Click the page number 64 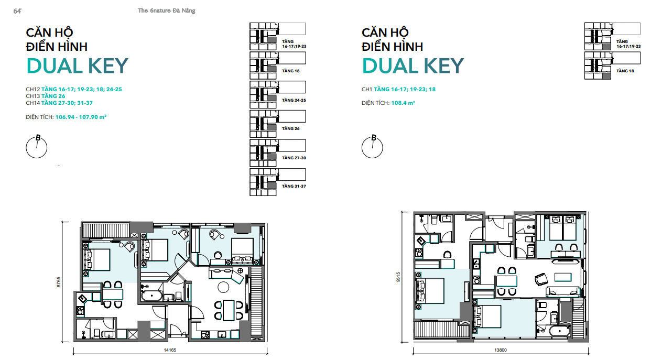(x=17, y=10)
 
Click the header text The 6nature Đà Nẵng (x=163, y=10)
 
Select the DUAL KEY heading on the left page (x=77, y=66)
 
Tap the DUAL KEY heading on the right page (x=413, y=66)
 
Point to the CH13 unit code (x=33, y=96)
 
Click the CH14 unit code (x=33, y=103)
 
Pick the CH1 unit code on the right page (x=367, y=90)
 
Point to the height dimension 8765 (x=59, y=282)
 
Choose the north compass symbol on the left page (x=37, y=147)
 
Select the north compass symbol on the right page (x=373, y=147)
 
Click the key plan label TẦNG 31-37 (x=294, y=187)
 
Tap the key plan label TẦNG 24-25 (x=294, y=100)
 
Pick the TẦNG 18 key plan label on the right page (x=625, y=71)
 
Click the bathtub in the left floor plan (x=153, y=297)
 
